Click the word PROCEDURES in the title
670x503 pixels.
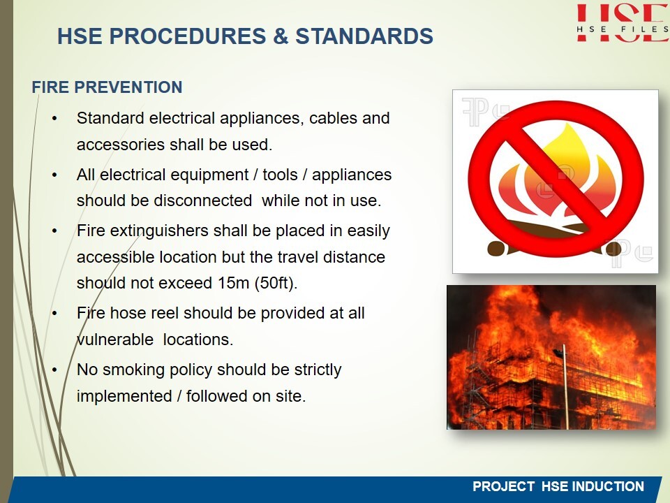click(x=188, y=36)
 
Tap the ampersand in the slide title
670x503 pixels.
click(x=281, y=36)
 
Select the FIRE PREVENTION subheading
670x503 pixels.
click(x=107, y=87)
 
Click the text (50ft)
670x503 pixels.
click(x=276, y=283)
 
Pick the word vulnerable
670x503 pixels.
click(x=115, y=340)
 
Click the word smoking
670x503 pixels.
click(x=133, y=370)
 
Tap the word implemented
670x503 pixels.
click(x=124, y=397)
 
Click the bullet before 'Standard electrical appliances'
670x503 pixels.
click(x=54, y=119)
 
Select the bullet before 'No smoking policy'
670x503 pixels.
click(x=54, y=370)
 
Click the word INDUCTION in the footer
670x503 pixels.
click(x=608, y=486)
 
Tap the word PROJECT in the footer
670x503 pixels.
click(x=503, y=486)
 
